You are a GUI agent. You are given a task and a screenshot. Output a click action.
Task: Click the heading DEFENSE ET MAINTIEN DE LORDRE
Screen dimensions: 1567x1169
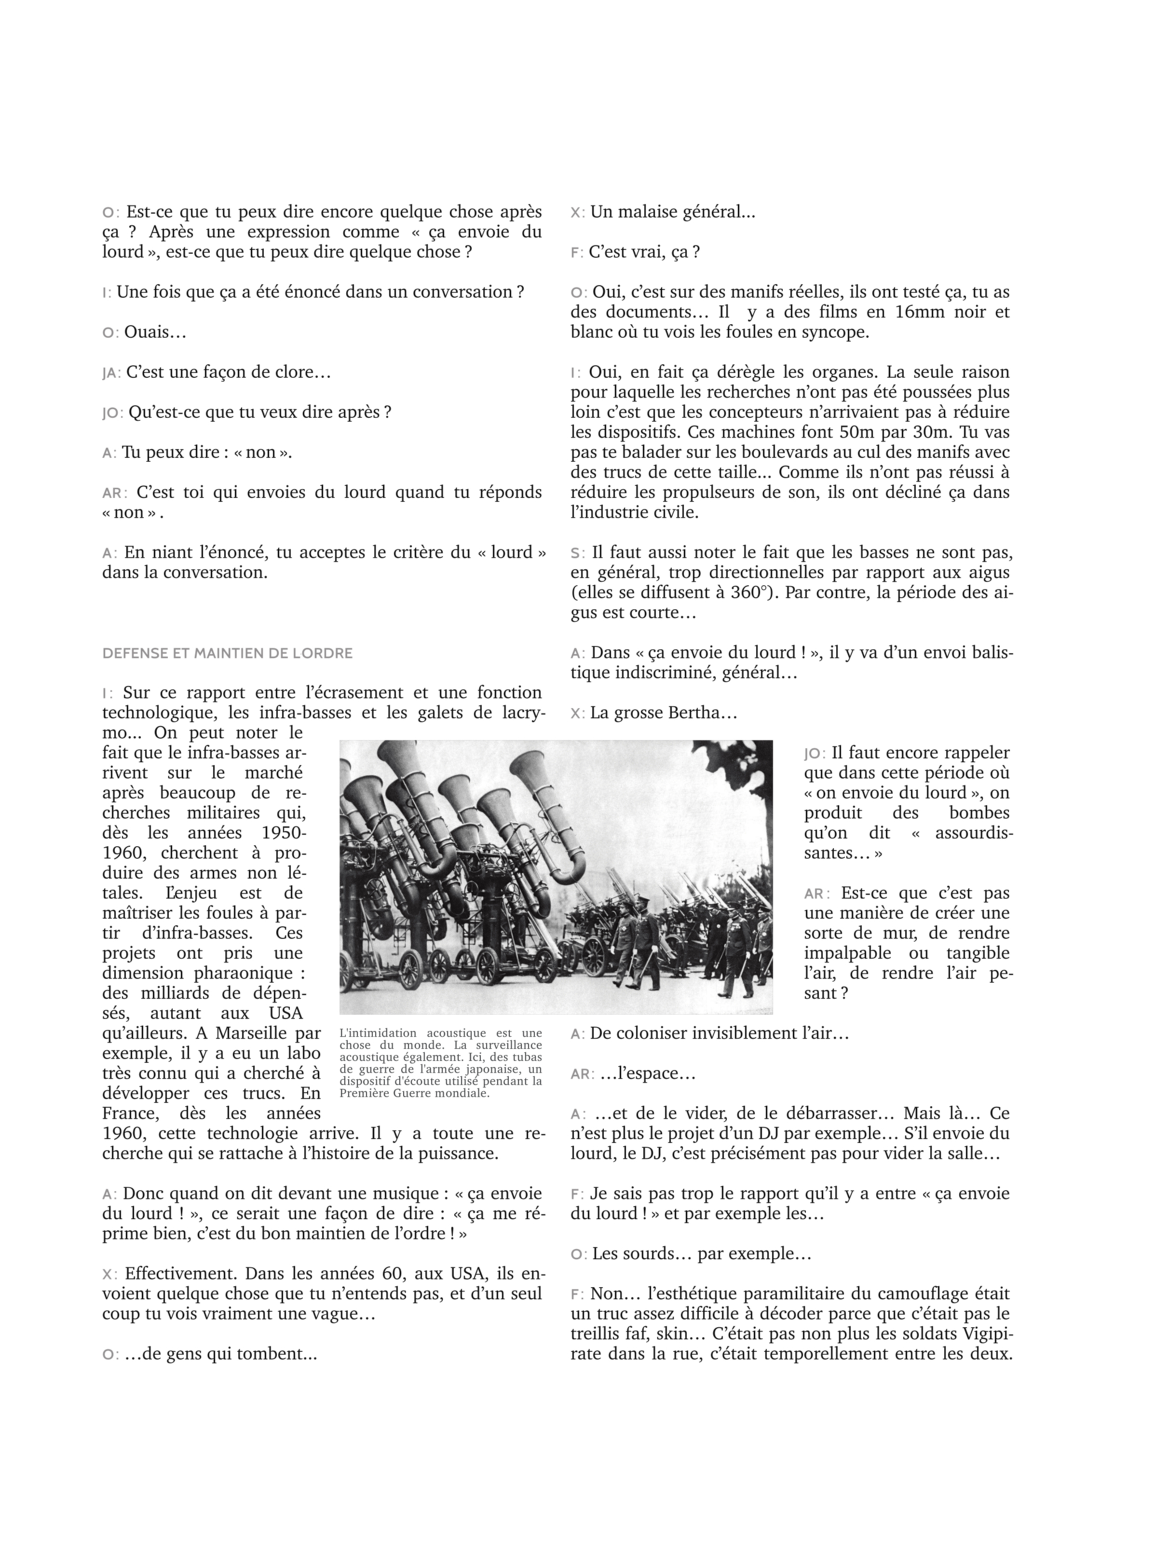click(227, 653)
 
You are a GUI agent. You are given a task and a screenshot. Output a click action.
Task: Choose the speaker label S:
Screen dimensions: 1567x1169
click(577, 553)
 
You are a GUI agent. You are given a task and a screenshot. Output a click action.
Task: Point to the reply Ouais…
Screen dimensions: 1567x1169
click(155, 332)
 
